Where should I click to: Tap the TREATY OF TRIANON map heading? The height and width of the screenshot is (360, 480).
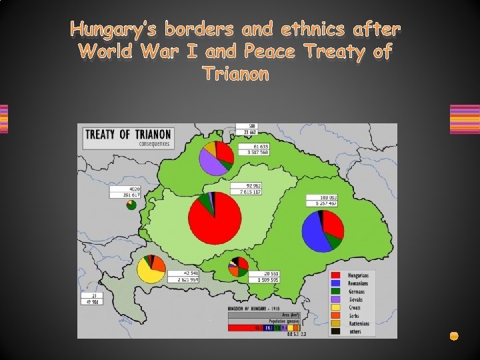click(x=127, y=135)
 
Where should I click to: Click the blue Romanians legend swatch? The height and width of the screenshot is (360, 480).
click(x=337, y=283)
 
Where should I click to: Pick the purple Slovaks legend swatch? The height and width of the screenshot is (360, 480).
click(x=337, y=299)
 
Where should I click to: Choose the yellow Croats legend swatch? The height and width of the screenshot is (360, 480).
click(x=337, y=307)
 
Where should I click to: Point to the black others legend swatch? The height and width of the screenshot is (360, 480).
click(x=337, y=331)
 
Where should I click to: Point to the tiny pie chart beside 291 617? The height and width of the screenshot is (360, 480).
click(x=133, y=205)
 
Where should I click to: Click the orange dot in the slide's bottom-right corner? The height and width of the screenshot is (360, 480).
click(x=454, y=336)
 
